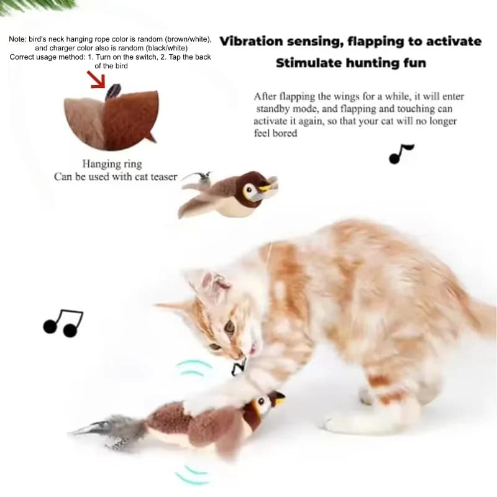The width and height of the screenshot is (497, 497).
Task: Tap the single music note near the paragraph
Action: coord(400,153)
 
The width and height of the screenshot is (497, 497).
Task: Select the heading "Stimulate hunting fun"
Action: coord(351,63)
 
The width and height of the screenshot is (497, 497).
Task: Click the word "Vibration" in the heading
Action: coord(252,42)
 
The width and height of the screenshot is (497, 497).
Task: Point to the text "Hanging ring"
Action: coord(112,164)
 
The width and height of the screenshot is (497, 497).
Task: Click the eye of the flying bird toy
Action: coord(250,190)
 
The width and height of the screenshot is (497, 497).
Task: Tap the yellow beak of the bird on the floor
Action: coord(280,400)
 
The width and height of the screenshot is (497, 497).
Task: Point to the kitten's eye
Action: coord(229,326)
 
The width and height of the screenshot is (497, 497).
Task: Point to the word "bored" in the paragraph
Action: coord(285,133)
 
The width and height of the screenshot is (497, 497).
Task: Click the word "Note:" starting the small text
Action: coord(18,39)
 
